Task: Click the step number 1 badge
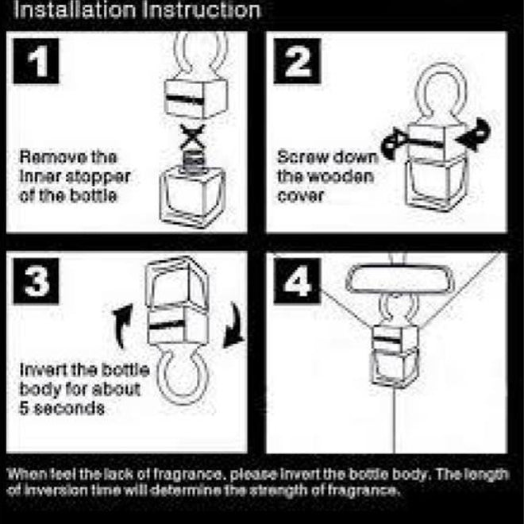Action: (36, 61)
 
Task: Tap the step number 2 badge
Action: (297, 61)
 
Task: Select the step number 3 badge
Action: (36, 281)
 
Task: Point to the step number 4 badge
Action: (297, 281)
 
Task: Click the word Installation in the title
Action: (75, 10)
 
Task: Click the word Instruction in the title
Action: (201, 10)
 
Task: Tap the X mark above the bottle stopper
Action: (193, 137)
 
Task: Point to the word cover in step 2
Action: (300, 196)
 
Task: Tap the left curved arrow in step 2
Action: (394, 144)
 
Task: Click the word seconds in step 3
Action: (69, 408)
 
